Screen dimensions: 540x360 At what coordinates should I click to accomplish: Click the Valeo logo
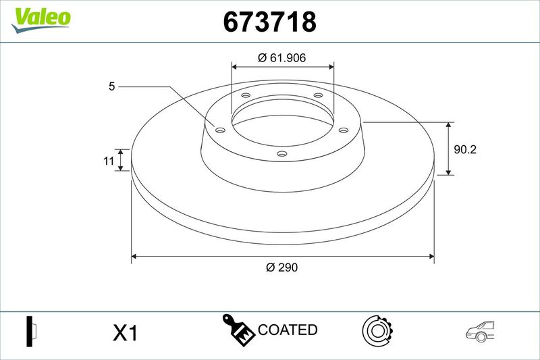point(40,20)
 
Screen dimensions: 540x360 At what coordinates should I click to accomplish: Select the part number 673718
point(269,22)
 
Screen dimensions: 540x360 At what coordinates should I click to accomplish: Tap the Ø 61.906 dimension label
point(281,57)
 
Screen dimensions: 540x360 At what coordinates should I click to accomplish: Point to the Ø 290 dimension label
point(281,267)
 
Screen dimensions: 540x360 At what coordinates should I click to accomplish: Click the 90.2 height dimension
point(465,149)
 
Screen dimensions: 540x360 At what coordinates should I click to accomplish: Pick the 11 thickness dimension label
point(109,161)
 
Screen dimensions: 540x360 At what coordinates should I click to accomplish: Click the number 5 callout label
point(111,86)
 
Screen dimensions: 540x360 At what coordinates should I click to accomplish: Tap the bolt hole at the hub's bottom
point(282,153)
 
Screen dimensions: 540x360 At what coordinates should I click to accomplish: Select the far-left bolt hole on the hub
point(220,130)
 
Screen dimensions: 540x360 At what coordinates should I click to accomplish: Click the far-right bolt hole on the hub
point(344,130)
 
